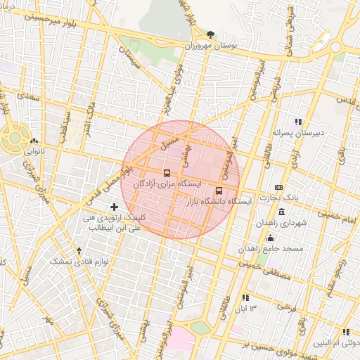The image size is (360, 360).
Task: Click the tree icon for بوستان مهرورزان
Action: coord(212,34)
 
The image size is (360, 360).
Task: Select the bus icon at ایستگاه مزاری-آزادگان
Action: coord(167,173)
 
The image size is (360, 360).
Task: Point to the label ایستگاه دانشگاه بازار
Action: coord(219,202)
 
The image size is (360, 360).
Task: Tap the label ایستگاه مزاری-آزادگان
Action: coord(167,184)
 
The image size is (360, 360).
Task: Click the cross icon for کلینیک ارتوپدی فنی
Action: coord(115,207)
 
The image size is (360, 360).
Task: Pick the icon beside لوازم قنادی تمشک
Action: coord(79,250)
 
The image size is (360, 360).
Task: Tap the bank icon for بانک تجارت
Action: coord(279,187)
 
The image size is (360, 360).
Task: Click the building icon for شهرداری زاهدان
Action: coord(281,212)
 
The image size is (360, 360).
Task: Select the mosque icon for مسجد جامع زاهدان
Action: coord(271,238)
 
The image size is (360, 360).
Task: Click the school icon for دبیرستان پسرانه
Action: coord(298,122)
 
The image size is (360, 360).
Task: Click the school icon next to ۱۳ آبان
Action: coord(245,298)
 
